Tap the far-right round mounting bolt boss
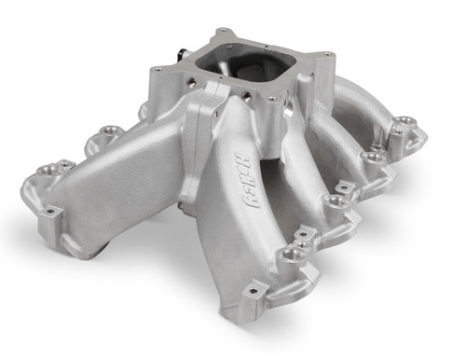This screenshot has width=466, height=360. tap(404, 121)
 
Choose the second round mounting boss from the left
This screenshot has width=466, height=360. tap(95, 145)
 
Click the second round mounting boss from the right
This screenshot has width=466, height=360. tap(375, 158)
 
